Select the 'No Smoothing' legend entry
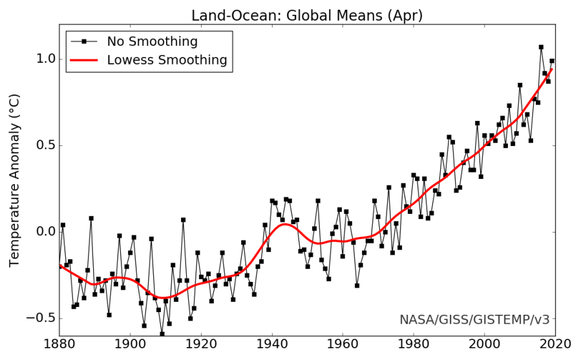(x=152, y=42)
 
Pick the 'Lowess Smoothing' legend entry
(x=167, y=60)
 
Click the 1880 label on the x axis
(x=59, y=346)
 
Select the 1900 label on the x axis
(x=131, y=346)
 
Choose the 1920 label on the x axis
(x=201, y=346)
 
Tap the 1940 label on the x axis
(x=272, y=346)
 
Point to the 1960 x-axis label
(x=343, y=346)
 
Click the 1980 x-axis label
(x=414, y=346)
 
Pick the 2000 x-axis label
(x=484, y=346)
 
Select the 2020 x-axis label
(x=555, y=346)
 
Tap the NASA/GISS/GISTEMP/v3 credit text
(x=474, y=319)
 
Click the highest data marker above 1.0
(x=541, y=47)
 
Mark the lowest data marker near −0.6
(x=162, y=334)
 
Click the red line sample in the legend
(x=85, y=60)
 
